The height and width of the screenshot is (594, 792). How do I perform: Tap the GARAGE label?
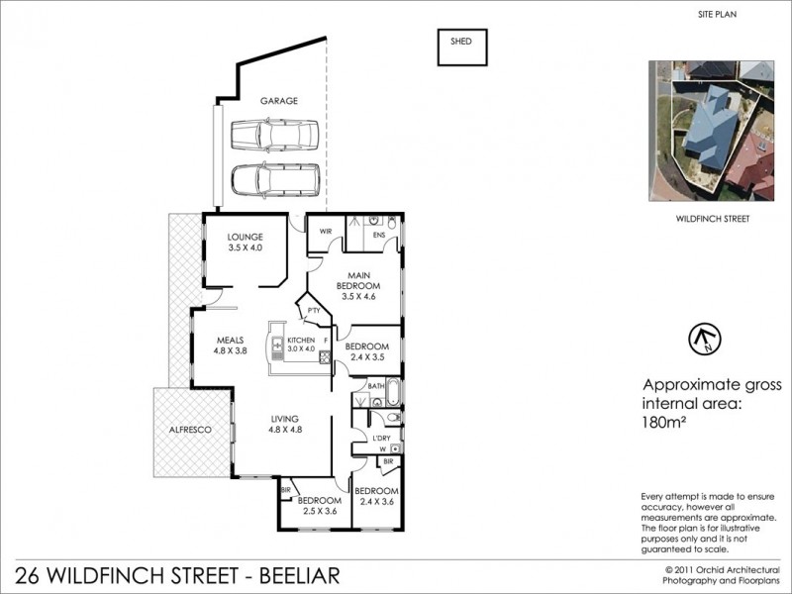pos(278,101)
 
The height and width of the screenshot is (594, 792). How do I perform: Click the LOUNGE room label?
pos(244,238)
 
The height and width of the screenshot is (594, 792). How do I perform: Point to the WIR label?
pos(324,233)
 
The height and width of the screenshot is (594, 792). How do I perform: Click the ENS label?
pos(378,235)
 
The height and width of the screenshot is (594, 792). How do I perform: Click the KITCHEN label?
pos(300,340)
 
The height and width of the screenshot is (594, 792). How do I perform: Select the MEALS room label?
pos(229,340)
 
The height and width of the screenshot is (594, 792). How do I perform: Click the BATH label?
pos(376,386)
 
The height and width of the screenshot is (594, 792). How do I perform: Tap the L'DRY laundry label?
pos(380,437)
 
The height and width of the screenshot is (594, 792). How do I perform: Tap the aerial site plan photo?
pos(711,130)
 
